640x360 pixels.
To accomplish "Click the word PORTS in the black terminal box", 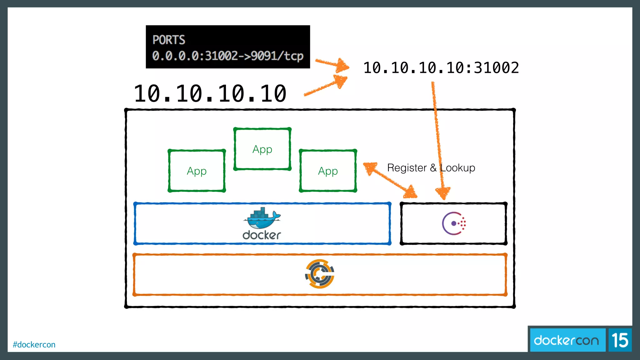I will coord(169,40).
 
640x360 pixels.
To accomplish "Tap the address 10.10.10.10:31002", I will coord(441,68).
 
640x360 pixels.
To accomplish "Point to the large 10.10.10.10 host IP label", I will coord(210,93).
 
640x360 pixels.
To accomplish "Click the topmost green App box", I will coord(262,149).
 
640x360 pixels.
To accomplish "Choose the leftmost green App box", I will coord(197,171).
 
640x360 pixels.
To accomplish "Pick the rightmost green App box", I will coord(328,171).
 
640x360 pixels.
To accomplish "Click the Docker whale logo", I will coord(262,218).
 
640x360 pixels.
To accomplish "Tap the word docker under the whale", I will coord(262,235).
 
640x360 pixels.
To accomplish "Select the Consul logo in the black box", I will coord(454,223).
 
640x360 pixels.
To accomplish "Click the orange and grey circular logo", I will coord(319,274).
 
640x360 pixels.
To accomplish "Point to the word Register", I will coord(407,168).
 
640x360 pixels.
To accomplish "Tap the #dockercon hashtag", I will coord(34,344).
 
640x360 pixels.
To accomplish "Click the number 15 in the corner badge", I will coord(620,340).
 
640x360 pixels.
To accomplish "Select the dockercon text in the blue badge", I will coord(566,340).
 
